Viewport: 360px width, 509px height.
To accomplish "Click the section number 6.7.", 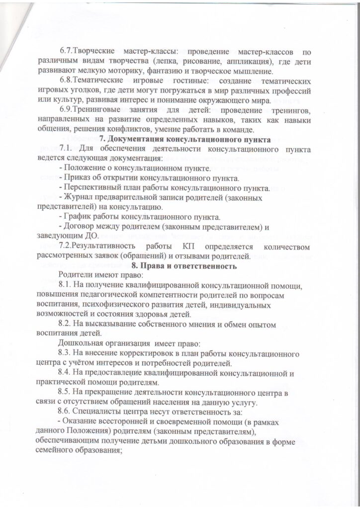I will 66,51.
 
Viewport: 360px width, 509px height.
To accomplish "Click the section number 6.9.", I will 66,110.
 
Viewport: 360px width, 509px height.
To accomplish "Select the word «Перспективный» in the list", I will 91,188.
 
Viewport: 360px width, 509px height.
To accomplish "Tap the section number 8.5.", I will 67,392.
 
